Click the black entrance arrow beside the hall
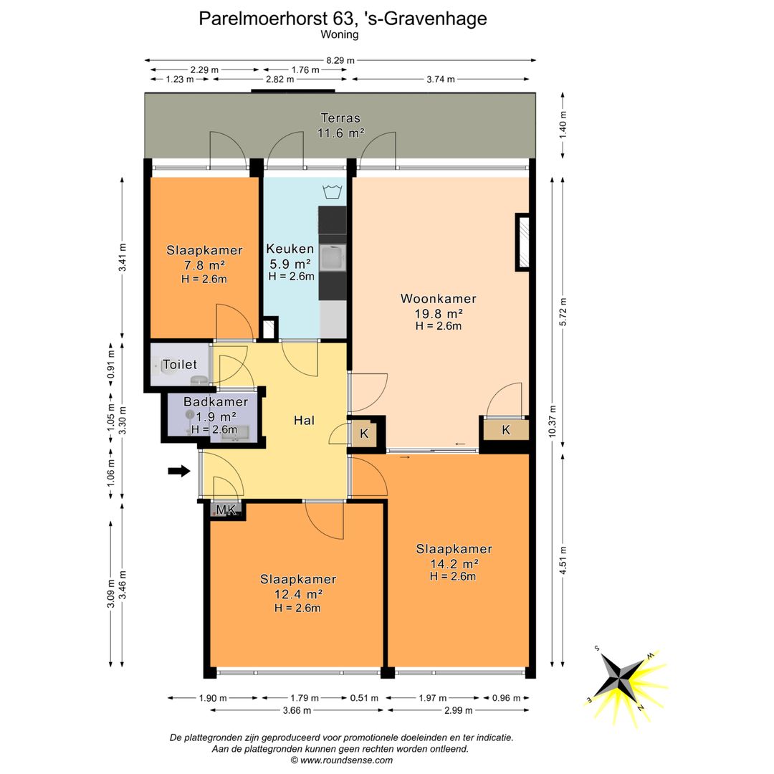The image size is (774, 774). point(179,471)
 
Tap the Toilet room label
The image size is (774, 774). point(180,365)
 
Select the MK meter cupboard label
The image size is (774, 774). point(226,510)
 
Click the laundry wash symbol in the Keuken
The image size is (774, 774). point(333,192)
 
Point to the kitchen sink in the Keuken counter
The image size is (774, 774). point(333,258)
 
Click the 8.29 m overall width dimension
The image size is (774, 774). point(340,60)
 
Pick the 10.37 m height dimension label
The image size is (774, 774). point(553,421)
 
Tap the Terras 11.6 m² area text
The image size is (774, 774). point(340,125)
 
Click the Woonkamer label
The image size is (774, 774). point(439,299)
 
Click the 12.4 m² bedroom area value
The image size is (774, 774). point(299,594)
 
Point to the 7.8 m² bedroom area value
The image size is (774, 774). point(204,265)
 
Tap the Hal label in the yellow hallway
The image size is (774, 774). point(304,421)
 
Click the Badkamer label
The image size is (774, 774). point(216,402)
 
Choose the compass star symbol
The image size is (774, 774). point(620,675)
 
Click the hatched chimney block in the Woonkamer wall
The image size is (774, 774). point(522,242)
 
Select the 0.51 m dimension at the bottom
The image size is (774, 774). point(364,698)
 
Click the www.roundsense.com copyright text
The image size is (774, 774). point(342,760)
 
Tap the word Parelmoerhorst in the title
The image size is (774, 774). point(264,19)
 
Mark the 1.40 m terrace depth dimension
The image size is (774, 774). point(563,125)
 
